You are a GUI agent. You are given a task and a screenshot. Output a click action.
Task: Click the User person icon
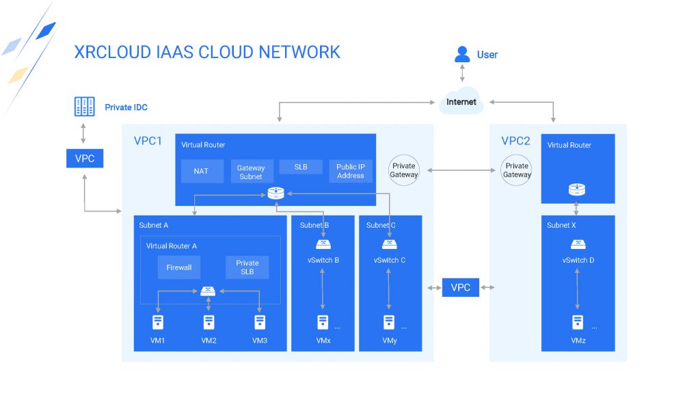tap(462, 55)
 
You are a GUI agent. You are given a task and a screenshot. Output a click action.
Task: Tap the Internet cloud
tap(461, 101)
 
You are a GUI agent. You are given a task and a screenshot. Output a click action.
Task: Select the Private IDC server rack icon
tap(84, 107)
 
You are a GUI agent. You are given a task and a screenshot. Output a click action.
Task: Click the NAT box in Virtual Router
tap(202, 171)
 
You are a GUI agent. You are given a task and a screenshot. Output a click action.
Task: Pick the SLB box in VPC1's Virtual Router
tap(301, 167)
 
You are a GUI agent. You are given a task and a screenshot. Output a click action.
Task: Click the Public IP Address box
tap(351, 171)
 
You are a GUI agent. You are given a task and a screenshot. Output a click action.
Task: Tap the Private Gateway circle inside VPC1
tap(404, 170)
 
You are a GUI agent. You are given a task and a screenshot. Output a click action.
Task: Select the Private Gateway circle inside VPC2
tap(517, 170)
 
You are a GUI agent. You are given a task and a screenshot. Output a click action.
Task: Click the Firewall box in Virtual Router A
tap(179, 267)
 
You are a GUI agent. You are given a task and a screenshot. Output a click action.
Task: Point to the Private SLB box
tap(247, 267)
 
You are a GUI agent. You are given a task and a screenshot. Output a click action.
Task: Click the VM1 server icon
tap(158, 322)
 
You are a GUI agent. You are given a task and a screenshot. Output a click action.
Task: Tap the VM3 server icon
tap(260, 322)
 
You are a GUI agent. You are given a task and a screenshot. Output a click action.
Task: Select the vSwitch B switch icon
tap(323, 244)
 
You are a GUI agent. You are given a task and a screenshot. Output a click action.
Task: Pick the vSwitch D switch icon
tap(578, 244)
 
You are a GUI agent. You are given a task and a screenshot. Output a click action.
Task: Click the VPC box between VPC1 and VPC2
tap(461, 287)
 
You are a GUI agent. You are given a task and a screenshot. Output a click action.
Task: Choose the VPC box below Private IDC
tap(85, 158)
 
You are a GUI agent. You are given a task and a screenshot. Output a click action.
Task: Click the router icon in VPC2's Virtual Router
tap(577, 189)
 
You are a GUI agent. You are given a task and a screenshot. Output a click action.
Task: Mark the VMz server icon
tap(578, 322)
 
